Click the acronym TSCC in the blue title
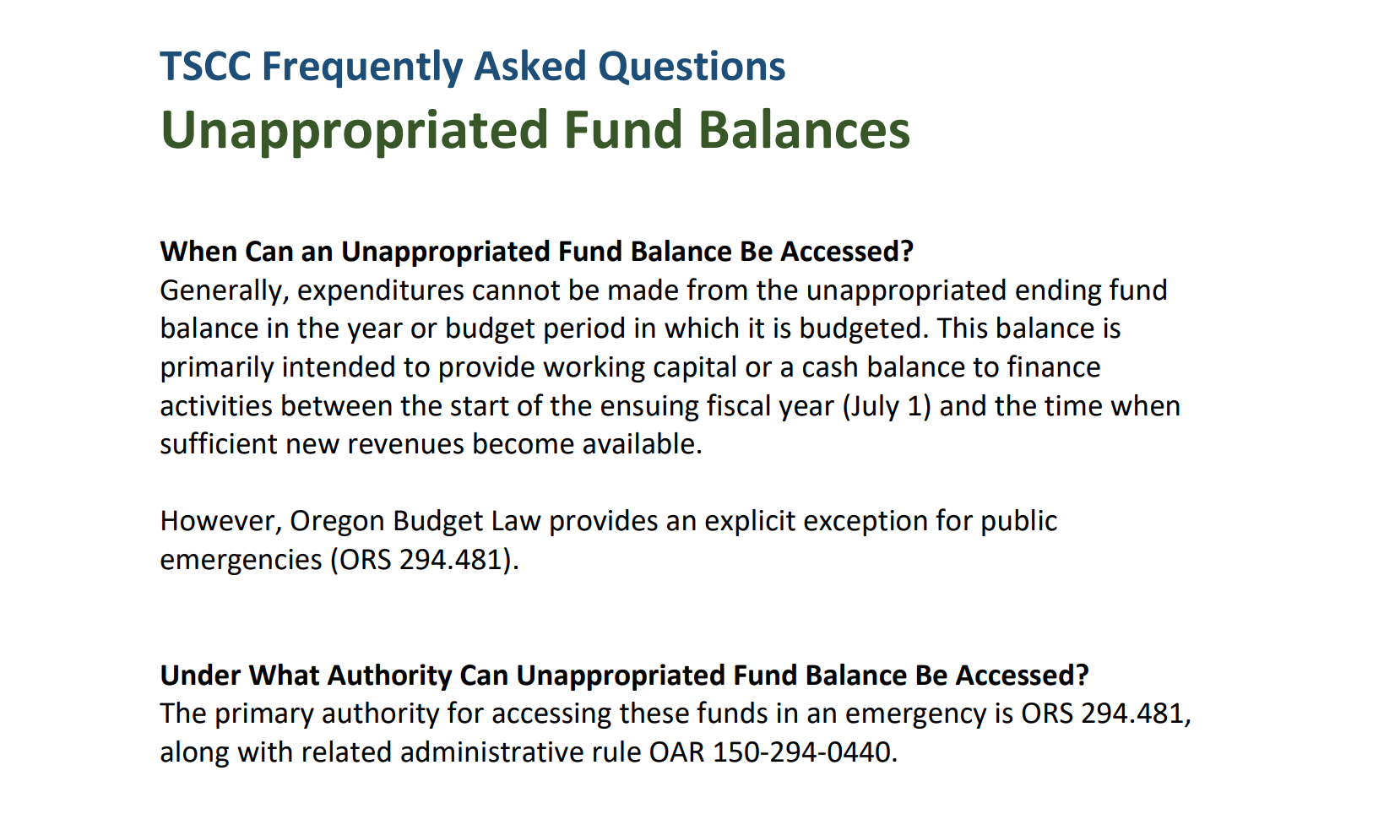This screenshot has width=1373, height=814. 205,66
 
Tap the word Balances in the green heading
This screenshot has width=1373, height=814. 804,129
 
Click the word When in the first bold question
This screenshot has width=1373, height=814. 198,252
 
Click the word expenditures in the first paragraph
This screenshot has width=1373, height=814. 381,290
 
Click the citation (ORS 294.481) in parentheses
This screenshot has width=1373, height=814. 425,560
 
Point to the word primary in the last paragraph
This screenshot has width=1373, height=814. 263,714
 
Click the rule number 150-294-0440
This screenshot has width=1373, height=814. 801,752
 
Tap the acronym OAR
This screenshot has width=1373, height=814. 676,752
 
